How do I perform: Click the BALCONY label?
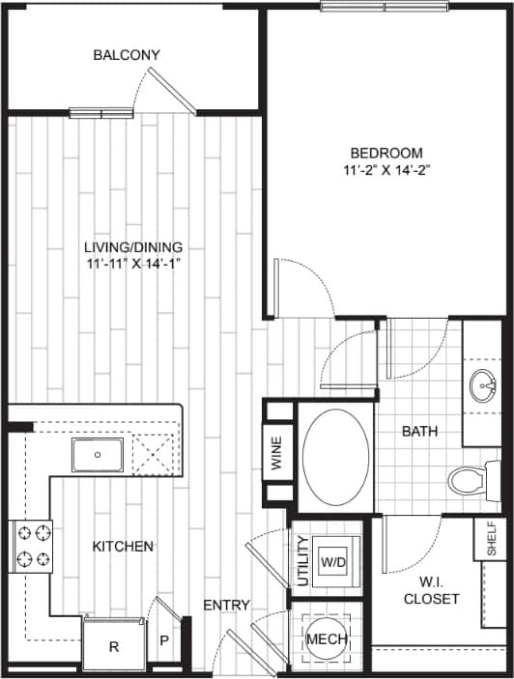(x=127, y=55)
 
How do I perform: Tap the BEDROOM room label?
(x=386, y=153)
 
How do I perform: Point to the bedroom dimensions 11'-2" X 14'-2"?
(x=386, y=171)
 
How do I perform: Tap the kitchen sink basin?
(x=98, y=455)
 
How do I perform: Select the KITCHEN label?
(x=123, y=547)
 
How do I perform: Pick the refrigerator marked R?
(x=113, y=645)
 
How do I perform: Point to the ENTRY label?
(x=227, y=606)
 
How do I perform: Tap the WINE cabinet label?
(x=277, y=454)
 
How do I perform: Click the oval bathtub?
(x=334, y=457)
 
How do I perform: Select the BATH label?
(x=420, y=431)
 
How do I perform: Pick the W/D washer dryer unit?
(x=334, y=561)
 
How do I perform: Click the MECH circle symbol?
(x=327, y=639)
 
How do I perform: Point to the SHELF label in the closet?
(x=491, y=539)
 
